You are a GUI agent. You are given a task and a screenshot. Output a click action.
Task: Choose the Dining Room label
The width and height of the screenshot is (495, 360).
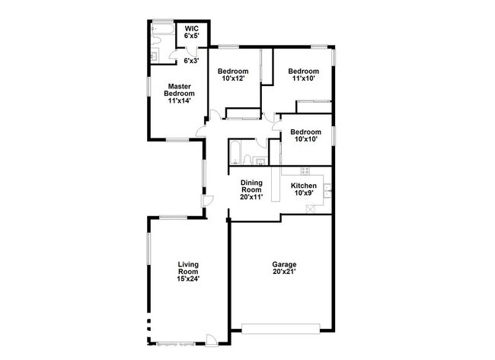click(x=252, y=187)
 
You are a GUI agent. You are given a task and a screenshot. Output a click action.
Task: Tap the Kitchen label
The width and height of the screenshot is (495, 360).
click(x=304, y=186)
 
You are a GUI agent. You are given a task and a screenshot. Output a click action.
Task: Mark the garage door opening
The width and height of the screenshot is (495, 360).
click(x=280, y=329)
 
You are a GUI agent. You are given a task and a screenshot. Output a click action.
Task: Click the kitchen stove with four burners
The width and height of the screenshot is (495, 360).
click(x=305, y=169)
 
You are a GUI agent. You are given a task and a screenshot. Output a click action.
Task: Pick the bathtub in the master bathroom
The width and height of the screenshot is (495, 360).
click(x=161, y=30)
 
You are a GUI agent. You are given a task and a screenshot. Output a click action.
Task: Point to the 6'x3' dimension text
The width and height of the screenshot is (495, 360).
click(x=190, y=60)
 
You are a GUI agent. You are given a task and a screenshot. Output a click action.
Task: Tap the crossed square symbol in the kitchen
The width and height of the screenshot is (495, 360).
click(x=310, y=209)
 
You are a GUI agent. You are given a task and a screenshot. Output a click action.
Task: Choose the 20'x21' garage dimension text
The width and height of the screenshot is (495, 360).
click(x=284, y=272)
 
